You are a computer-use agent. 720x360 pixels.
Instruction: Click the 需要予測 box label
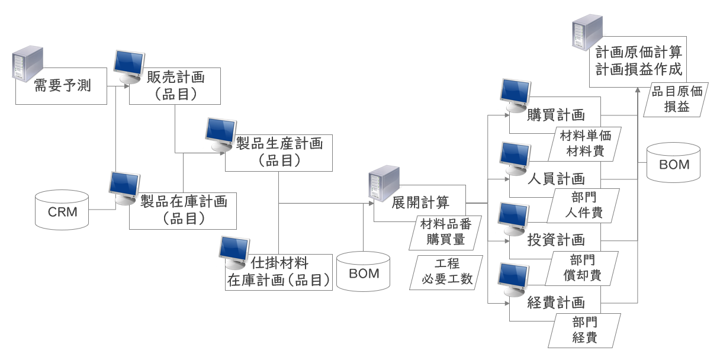61,86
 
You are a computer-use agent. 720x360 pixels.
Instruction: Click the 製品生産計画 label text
279,143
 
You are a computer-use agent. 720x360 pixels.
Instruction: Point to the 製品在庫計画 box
184,210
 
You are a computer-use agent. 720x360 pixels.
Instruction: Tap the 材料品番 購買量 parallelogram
445,232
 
